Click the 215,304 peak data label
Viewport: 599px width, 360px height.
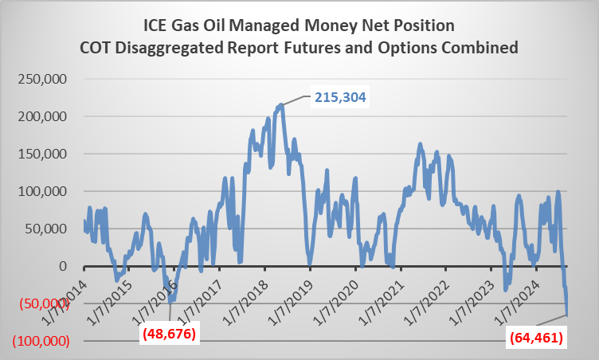342,97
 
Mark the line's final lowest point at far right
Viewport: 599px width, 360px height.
568,315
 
